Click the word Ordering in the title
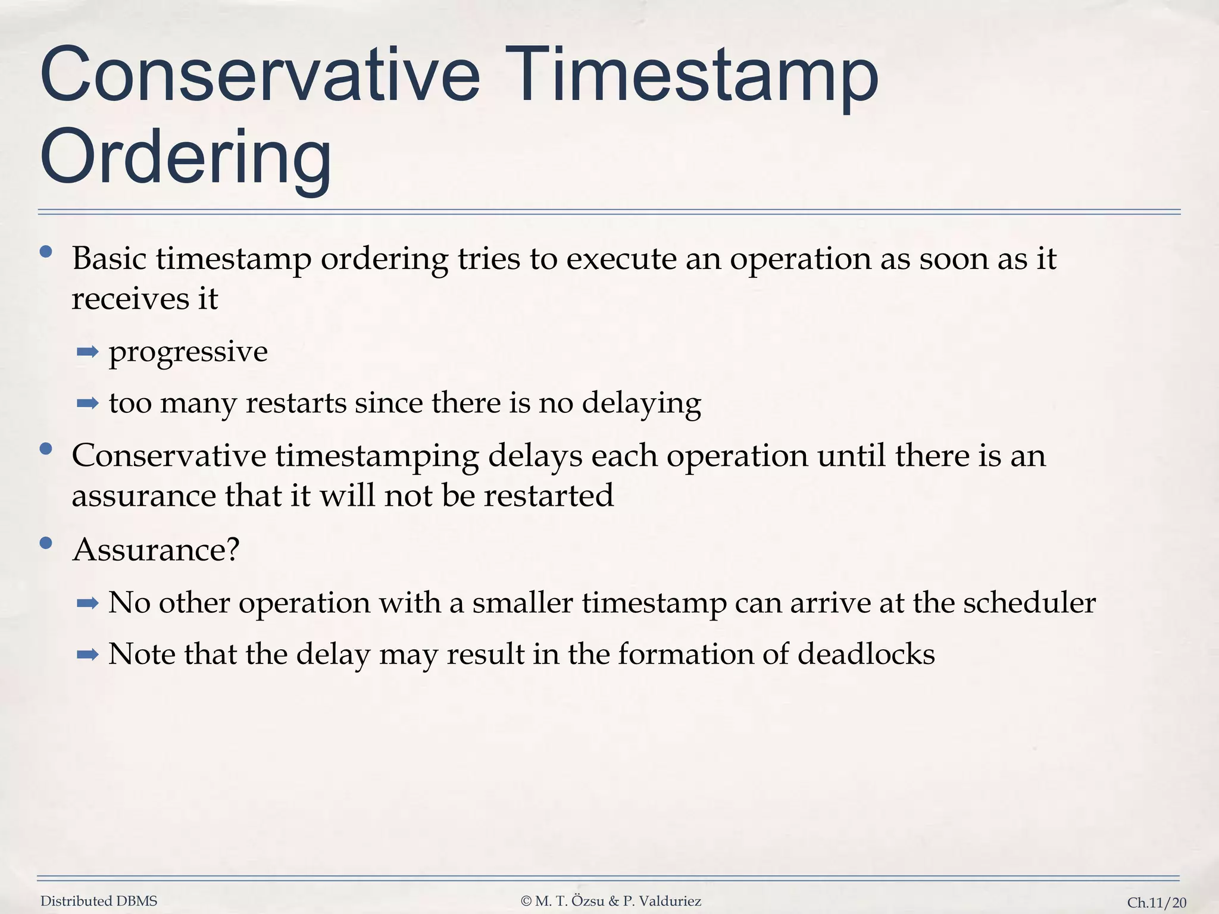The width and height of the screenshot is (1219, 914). tap(185, 158)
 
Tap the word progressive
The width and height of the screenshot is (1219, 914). tap(188, 352)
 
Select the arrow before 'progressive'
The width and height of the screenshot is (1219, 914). tap(87, 352)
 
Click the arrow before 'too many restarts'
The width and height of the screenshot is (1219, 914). tap(87, 404)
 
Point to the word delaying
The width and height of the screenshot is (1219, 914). tap(641, 404)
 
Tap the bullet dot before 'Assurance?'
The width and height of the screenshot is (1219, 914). tap(46, 543)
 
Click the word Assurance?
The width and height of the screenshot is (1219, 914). tap(155, 549)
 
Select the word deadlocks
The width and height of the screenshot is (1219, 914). tap(866, 655)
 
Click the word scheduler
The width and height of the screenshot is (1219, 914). tap(1029, 603)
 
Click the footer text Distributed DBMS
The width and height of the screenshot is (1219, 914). tap(99, 901)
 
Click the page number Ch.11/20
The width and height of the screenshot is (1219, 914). tap(1157, 903)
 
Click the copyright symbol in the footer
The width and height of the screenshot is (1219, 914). tap(526, 902)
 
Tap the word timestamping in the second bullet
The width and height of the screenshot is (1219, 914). tap(377, 457)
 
